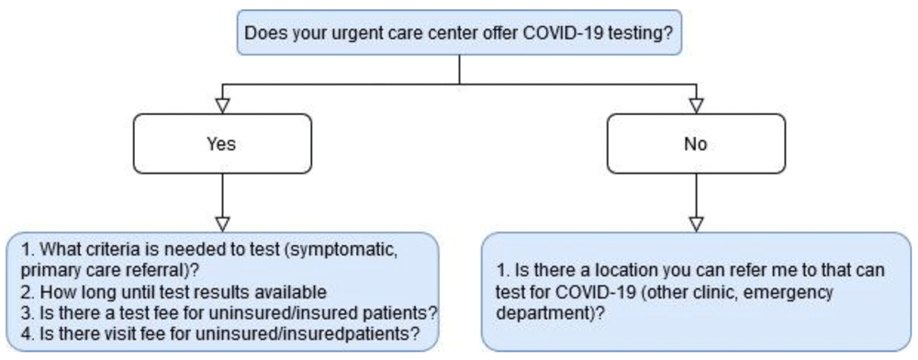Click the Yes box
(222, 143)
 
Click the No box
(696, 143)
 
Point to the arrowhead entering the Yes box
(222, 106)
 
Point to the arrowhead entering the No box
(696, 106)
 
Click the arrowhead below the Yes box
(222, 224)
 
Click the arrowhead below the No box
(696, 224)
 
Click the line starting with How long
(174, 291)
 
